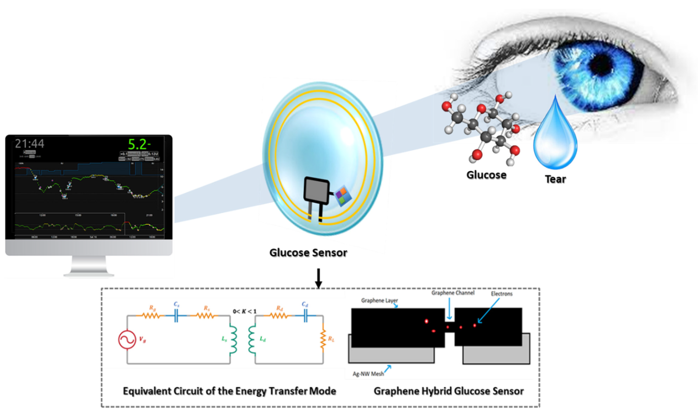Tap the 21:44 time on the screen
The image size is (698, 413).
[x=29, y=144]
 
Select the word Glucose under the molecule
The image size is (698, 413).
[x=486, y=175]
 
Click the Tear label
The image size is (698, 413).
[x=555, y=179]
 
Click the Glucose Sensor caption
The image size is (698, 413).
[x=308, y=253]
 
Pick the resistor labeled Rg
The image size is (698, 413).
[x=151, y=315]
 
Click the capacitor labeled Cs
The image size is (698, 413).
[x=176, y=316]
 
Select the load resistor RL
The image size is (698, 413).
[x=323, y=339]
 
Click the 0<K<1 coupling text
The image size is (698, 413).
[x=244, y=311]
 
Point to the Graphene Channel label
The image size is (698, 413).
[x=453, y=293]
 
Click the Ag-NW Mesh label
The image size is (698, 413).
[x=368, y=374]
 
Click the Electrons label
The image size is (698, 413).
[x=501, y=294]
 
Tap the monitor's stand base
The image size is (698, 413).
[x=89, y=275]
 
